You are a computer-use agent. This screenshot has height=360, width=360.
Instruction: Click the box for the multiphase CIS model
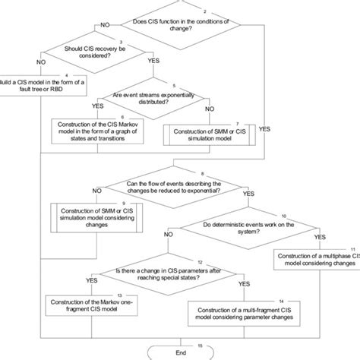pyautogui.click(x=314, y=262)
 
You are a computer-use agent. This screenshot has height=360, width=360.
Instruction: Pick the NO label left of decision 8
pyautogui.click(x=94, y=191)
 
